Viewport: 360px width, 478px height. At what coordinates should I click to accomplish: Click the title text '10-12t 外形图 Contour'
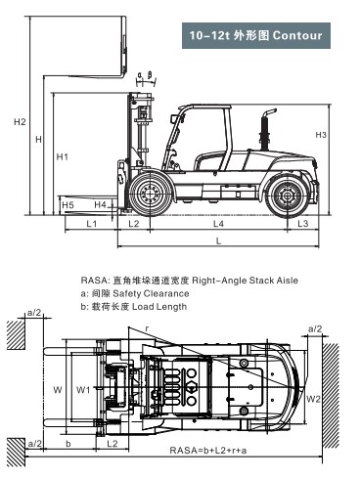tap(255, 36)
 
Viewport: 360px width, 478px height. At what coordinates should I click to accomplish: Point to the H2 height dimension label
tap(20, 122)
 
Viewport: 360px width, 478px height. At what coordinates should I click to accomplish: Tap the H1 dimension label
tap(62, 156)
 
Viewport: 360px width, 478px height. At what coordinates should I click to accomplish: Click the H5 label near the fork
tap(67, 204)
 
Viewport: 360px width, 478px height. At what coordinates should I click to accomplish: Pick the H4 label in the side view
tap(101, 204)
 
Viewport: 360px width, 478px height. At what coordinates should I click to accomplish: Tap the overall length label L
tap(218, 240)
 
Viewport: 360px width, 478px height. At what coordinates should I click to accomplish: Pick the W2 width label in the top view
tap(312, 399)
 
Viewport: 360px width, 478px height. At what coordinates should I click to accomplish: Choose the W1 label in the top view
tap(83, 389)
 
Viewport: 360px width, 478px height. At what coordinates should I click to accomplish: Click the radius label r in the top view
tap(147, 329)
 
